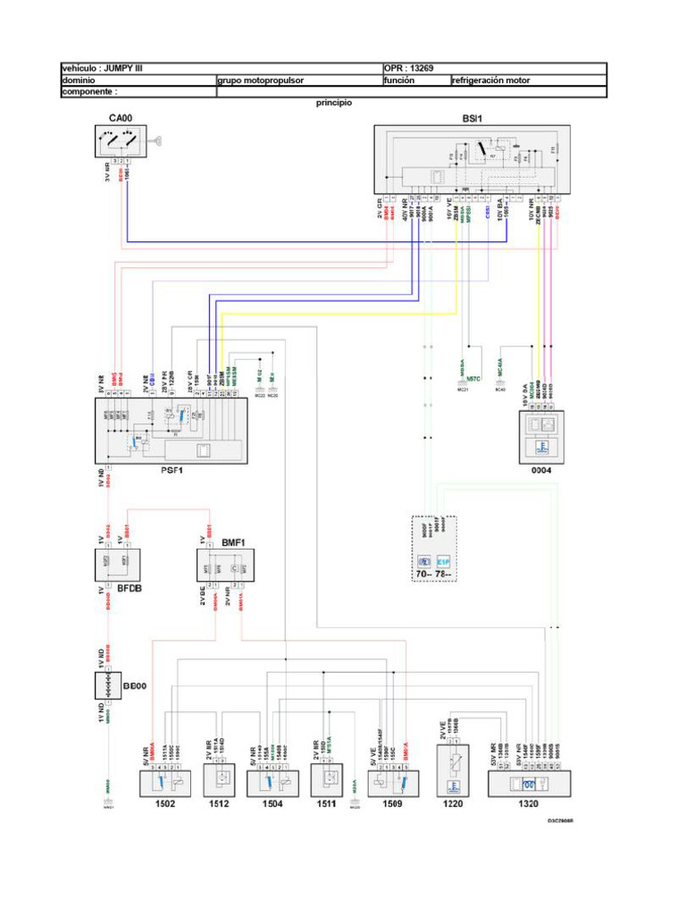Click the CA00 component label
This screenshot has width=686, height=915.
(x=121, y=118)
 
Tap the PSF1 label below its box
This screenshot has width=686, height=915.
(x=171, y=472)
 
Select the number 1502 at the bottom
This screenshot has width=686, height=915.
(x=166, y=804)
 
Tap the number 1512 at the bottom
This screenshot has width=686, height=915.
(x=219, y=804)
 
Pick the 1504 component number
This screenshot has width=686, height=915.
(x=272, y=804)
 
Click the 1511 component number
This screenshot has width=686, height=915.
(x=326, y=804)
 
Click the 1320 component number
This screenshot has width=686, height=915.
(x=528, y=804)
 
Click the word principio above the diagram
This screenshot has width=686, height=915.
(x=333, y=103)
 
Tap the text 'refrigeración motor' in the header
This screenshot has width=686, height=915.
(x=491, y=80)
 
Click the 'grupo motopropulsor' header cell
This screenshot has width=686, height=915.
(x=261, y=80)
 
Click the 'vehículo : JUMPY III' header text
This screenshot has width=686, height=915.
(x=96, y=68)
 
